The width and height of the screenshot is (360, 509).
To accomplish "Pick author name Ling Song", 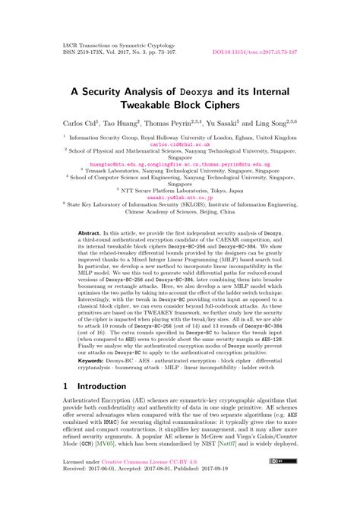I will click(283, 121).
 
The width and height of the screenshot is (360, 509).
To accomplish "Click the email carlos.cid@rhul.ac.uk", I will click(179, 143).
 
